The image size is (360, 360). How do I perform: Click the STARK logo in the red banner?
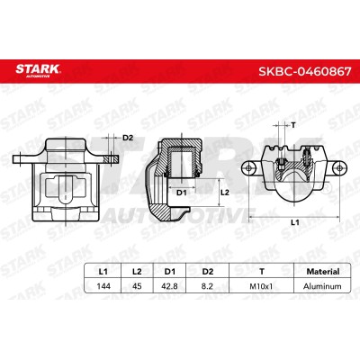pyautogui.click(x=39, y=71)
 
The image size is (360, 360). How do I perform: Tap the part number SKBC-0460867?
pyautogui.click(x=305, y=71)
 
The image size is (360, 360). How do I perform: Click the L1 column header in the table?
pyautogui.click(x=103, y=272)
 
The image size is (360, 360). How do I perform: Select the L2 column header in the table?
pyautogui.click(x=137, y=272)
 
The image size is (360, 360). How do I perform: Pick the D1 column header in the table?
pyautogui.click(x=169, y=272)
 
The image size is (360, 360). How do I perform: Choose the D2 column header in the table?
pyautogui.click(x=208, y=272)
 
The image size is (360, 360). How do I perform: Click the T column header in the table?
pyautogui.click(x=262, y=272)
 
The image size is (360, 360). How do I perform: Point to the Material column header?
pyautogui.click(x=323, y=272)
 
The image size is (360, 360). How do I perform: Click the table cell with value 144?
pyautogui.click(x=103, y=286)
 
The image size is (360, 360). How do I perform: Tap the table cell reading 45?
pyautogui.click(x=137, y=286)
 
